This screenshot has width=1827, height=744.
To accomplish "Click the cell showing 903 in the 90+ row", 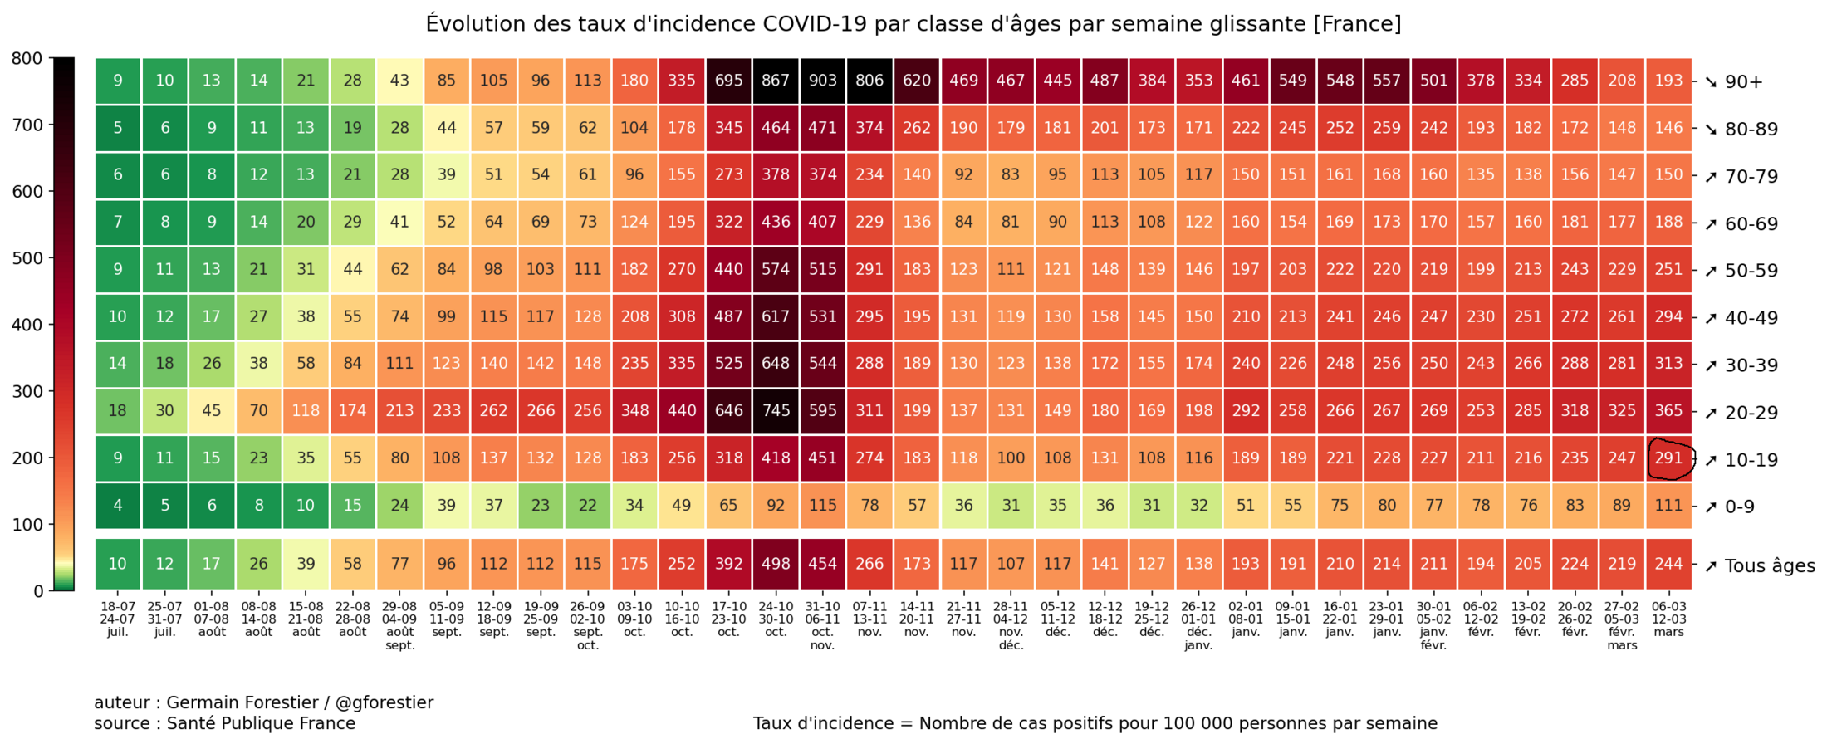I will coord(822,81).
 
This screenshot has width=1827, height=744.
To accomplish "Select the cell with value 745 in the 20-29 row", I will coord(776,410).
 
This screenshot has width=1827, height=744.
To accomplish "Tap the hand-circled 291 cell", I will coord(1669,458).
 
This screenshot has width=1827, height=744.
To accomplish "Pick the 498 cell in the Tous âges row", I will coord(776,564).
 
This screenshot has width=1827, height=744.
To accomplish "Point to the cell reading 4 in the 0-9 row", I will coord(118,506).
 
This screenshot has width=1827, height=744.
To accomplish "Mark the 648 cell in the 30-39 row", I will coord(776,364).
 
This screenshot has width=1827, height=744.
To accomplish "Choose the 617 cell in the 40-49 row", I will coord(776,316).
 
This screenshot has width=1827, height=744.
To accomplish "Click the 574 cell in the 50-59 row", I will coord(776,269).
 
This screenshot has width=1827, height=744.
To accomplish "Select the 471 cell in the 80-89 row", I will coord(822,128).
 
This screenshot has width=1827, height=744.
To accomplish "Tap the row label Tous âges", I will coord(1770,566).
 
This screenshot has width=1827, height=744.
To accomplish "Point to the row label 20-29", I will coord(1751,413).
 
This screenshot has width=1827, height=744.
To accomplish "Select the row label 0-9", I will coord(1740,507).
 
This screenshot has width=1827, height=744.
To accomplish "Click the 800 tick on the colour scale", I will coord(27,58).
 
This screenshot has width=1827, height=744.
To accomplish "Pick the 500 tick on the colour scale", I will coord(27,258).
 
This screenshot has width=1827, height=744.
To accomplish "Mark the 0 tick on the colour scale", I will coord(38,591).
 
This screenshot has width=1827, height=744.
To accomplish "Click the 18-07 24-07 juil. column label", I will coord(118,619).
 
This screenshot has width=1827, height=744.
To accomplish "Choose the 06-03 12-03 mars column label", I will coord(1669,619).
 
